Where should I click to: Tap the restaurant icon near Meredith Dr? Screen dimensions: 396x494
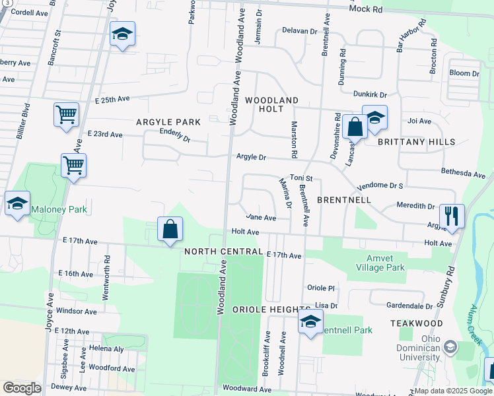pos(452,216)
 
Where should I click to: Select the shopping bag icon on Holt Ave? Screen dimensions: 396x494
pos(170,230)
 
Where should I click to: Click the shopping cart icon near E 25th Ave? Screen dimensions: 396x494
pos(66,115)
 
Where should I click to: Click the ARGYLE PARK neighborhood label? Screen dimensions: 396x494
pos(168,122)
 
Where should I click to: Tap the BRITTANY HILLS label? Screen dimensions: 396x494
pos(416,142)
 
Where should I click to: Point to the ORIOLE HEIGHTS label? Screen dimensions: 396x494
pos(271,310)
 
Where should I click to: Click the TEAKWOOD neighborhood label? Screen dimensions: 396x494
pos(416,323)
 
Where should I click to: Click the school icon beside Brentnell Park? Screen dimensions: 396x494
pos(310,323)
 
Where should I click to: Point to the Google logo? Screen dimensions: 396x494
pos(22,388)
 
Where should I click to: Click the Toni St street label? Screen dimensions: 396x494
pos(301,178)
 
